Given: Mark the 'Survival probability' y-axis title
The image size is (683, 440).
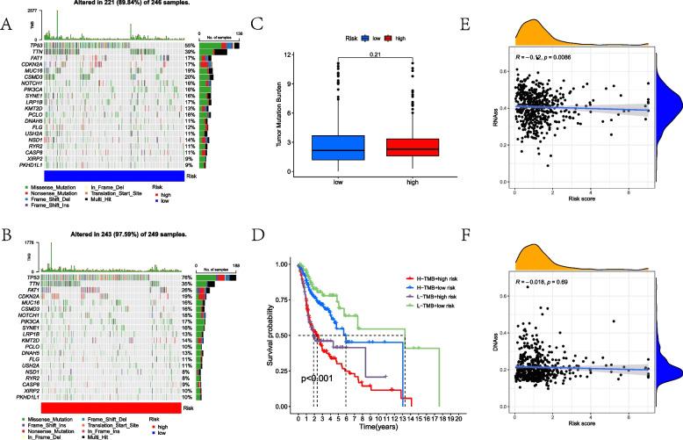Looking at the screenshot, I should [x=252, y=334].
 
